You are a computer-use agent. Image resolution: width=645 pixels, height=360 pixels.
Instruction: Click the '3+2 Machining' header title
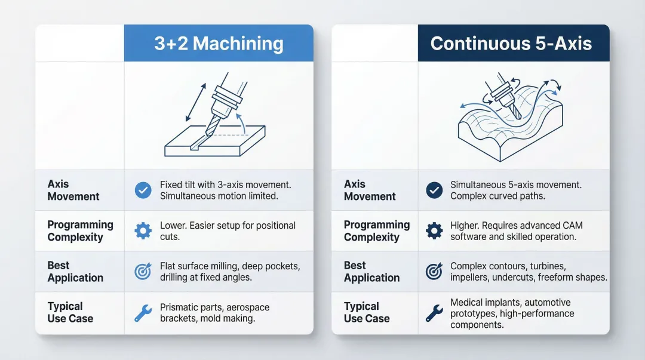tap(219, 44)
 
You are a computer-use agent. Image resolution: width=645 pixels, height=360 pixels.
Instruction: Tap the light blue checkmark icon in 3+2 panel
tap(143, 190)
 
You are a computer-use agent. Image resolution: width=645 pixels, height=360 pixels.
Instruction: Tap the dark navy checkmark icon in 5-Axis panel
tap(434, 190)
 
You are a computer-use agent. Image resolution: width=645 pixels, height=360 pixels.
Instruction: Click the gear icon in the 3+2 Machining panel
tap(143, 231)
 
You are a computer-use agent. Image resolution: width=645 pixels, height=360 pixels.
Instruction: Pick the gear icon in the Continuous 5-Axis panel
tap(434, 231)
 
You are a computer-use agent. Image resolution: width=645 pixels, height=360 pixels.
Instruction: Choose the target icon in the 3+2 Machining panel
tap(143, 272)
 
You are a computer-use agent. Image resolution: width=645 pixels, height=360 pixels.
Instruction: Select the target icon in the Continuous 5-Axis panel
tap(434, 272)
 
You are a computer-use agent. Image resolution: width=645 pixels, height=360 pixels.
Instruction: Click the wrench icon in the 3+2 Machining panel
tap(143, 313)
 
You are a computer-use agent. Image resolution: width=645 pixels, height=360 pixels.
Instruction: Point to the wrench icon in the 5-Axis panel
tap(434, 313)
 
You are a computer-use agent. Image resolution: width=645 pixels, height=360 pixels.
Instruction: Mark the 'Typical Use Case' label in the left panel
tap(70, 312)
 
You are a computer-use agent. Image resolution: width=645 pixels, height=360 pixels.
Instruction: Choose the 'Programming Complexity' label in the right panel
tap(377, 231)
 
